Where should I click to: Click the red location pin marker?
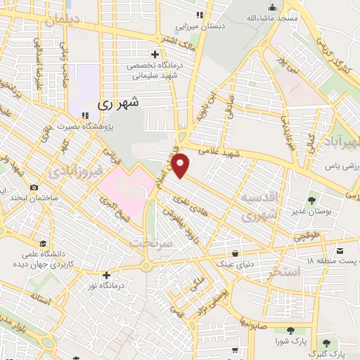181,166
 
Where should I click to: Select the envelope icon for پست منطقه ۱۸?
340,251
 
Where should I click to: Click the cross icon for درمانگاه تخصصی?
155,54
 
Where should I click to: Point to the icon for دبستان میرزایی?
199,15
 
